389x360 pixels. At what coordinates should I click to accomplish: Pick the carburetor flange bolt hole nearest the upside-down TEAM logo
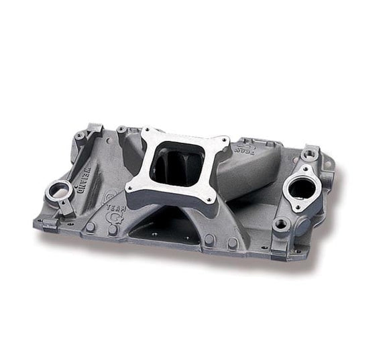[x=224, y=142]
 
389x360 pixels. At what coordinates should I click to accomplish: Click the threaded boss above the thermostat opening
[x=309, y=155]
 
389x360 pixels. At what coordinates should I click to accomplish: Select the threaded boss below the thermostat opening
[x=280, y=224]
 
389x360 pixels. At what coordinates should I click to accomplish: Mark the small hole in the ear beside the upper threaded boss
[x=329, y=163]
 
